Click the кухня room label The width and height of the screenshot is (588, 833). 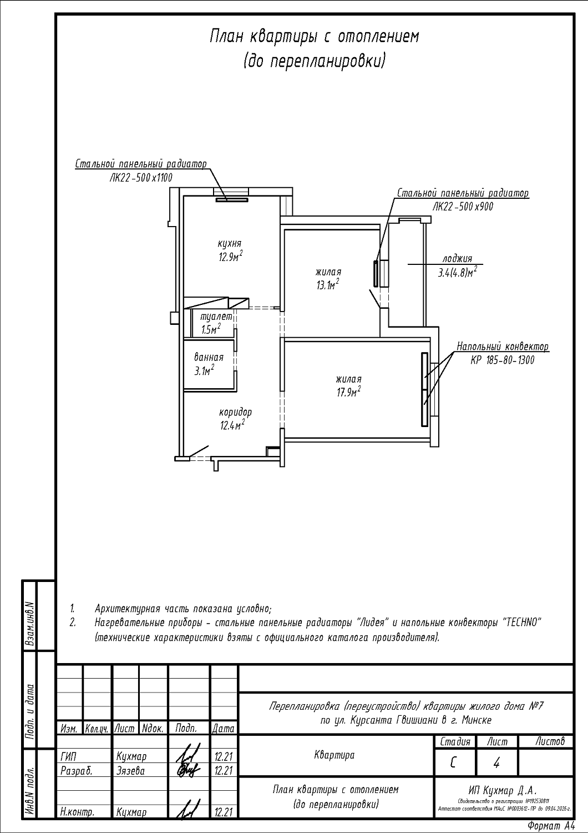230,244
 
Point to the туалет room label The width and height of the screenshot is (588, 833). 216,317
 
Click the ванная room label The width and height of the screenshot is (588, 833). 209,358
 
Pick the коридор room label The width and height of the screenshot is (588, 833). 235,413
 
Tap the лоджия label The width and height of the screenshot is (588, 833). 457,259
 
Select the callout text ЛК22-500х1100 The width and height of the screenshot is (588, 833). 141,178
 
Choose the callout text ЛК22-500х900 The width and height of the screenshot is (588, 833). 463,207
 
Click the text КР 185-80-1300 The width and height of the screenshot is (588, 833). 503,360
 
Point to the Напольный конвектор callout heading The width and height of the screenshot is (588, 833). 503,347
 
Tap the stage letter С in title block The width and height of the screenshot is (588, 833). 454,763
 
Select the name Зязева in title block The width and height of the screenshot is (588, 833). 131,771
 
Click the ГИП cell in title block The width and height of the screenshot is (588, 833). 67,756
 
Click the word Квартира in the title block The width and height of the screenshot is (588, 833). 334,755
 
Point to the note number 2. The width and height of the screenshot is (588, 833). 73,623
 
